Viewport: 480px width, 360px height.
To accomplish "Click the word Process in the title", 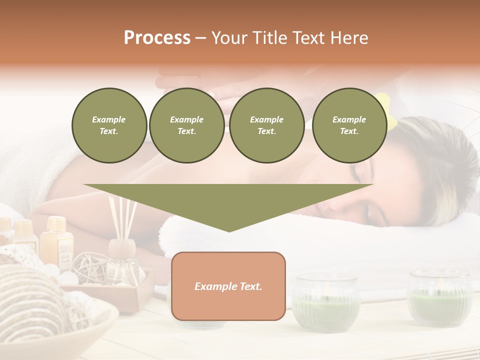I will [157, 38].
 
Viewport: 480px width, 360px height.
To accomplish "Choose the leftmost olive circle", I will [109, 125].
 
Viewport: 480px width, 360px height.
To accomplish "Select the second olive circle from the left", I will [187, 125].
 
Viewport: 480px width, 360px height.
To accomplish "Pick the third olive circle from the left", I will [267, 125].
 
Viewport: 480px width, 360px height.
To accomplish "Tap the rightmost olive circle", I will [349, 125].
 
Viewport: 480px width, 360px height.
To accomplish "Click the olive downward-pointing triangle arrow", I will [228, 202].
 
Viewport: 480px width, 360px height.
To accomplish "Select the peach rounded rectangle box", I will [228, 286].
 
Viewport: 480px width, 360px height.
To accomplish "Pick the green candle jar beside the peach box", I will [326, 302].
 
